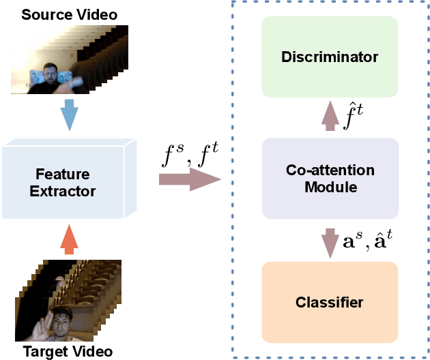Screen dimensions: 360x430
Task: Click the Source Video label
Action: [69, 14]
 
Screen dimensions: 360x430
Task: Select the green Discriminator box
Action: [330, 57]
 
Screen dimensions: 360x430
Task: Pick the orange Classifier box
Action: [330, 301]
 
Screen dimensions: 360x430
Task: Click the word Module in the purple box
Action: [330, 187]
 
